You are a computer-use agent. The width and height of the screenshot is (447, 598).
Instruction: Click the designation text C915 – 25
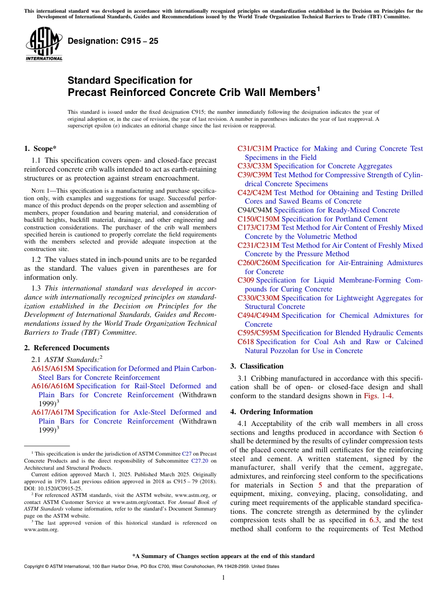click(113, 41)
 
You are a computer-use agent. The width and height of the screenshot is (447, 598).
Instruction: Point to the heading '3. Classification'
click(257, 366)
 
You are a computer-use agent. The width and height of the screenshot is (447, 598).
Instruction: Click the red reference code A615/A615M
click(53, 369)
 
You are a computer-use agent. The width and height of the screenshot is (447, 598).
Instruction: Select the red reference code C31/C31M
click(255, 149)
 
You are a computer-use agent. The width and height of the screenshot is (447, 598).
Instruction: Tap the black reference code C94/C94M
click(255, 210)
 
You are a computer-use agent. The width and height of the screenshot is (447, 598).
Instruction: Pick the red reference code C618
click(246, 342)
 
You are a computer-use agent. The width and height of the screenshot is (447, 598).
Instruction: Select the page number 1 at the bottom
click(223, 577)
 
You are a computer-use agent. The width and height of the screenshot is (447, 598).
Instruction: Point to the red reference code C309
click(246, 280)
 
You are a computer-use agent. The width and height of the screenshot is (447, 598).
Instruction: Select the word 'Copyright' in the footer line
click(36, 567)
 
